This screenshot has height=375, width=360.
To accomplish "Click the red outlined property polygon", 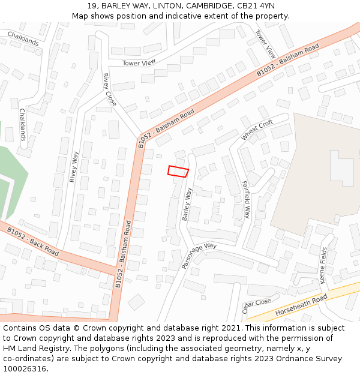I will (178, 172).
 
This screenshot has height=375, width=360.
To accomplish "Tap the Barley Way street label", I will (187, 204).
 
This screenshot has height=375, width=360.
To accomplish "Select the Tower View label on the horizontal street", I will (139, 62).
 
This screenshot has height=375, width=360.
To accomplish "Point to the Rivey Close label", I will (110, 90).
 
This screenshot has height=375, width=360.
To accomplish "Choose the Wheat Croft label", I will (257, 130).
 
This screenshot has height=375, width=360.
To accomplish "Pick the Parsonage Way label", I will (199, 254).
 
